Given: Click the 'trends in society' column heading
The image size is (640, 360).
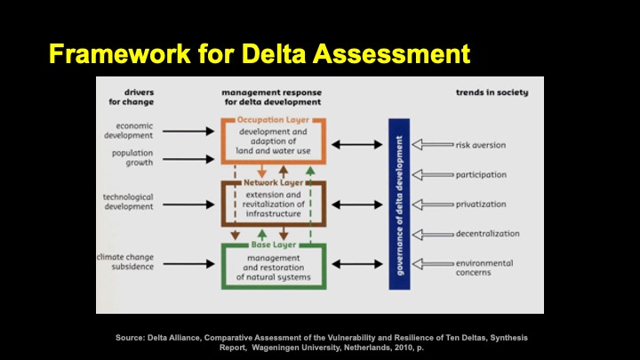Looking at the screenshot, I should (491, 92).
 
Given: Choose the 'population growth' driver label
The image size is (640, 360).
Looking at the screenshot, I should (131, 158).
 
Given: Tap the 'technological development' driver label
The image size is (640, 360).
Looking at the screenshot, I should (128, 202).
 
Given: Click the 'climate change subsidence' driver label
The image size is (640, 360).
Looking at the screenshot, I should (126, 261).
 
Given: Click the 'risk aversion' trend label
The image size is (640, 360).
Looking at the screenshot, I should (482, 144).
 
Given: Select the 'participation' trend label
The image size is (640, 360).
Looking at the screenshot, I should (482, 174).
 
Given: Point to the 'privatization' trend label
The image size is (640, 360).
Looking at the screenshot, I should (482, 204).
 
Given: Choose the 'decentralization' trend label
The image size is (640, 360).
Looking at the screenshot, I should (488, 235).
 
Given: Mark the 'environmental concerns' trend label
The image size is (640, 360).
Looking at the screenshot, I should (485, 268).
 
